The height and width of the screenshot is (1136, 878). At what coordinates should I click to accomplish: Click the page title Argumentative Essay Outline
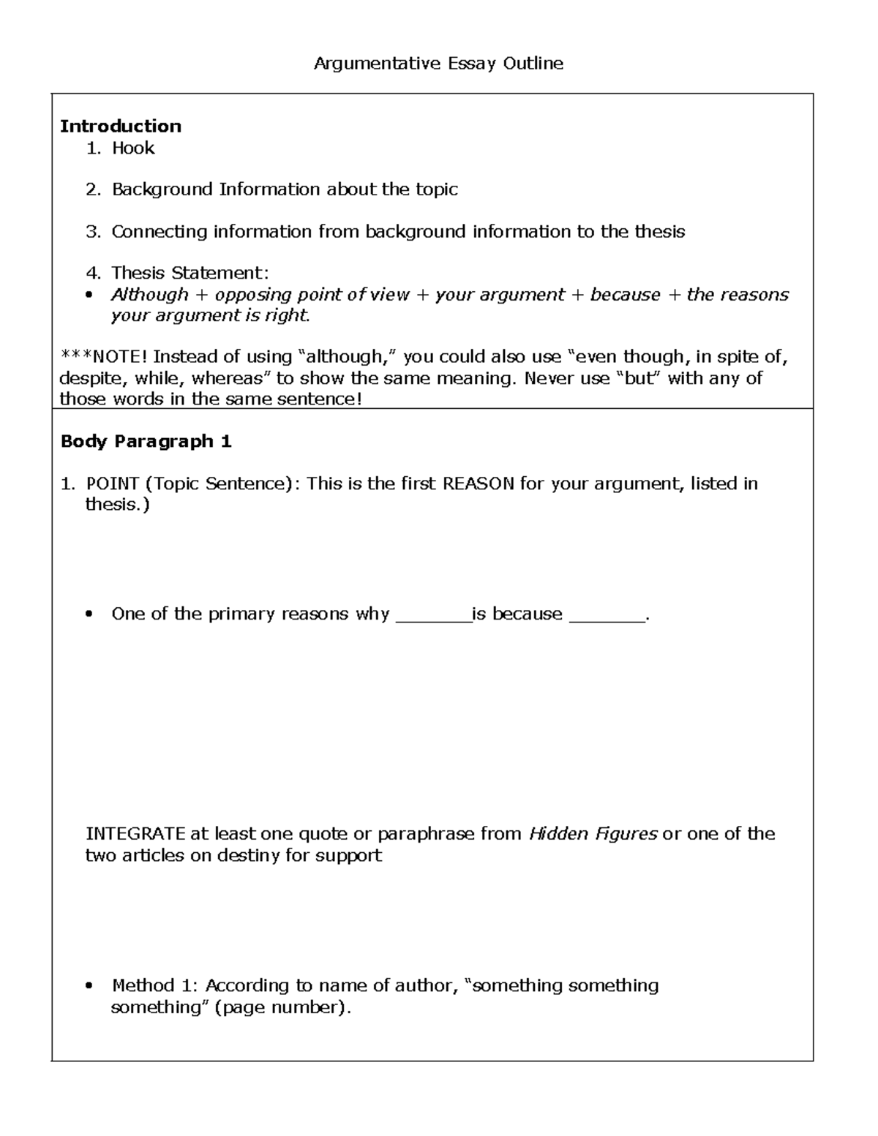tap(438, 64)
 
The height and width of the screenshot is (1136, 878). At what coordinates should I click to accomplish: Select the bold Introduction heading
tap(120, 126)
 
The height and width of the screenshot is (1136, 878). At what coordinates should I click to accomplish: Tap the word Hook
tap(133, 148)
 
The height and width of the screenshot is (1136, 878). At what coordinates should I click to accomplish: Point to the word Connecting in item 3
tap(160, 232)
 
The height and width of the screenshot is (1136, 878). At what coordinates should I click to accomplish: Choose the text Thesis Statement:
tap(190, 273)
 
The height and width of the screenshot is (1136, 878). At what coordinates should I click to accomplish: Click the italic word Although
tap(150, 295)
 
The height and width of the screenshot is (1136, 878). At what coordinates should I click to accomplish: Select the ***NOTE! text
tap(103, 357)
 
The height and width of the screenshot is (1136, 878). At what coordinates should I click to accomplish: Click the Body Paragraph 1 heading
tap(146, 441)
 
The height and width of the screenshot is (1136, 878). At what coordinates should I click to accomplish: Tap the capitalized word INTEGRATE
tap(135, 834)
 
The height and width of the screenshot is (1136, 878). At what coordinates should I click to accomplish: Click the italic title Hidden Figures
tap(593, 834)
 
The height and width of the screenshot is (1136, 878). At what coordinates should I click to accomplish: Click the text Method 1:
tap(154, 985)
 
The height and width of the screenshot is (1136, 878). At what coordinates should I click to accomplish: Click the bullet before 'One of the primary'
tap(89, 614)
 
